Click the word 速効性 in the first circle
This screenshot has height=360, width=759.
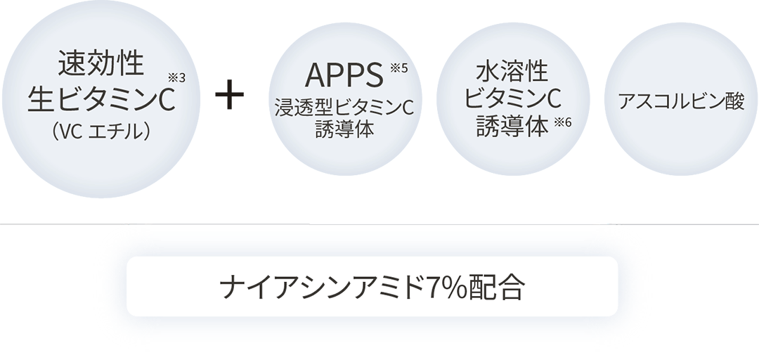pyautogui.click(x=101, y=65)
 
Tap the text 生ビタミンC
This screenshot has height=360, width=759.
pyautogui.click(x=100, y=100)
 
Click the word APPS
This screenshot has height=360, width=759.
pyautogui.click(x=339, y=75)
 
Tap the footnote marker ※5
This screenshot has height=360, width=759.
pyautogui.click(x=398, y=68)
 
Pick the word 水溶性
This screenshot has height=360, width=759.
pyautogui.click(x=512, y=72)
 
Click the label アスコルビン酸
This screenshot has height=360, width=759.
pyautogui.click(x=681, y=101)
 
